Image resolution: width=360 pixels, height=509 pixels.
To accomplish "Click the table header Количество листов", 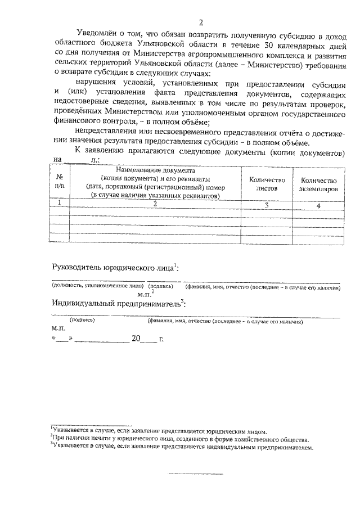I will [x=267, y=184].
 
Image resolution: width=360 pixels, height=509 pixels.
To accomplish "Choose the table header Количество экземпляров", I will [x=318, y=184].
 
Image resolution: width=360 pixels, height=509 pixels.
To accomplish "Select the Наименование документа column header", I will [x=156, y=170].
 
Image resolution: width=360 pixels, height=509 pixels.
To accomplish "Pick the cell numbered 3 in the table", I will [x=267, y=206].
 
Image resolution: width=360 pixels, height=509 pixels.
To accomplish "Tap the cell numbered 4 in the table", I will [x=318, y=206].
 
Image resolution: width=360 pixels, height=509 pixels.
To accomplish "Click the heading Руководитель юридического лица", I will [x=115, y=268].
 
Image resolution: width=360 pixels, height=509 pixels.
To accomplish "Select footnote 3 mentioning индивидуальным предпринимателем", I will [x=180, y=448].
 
